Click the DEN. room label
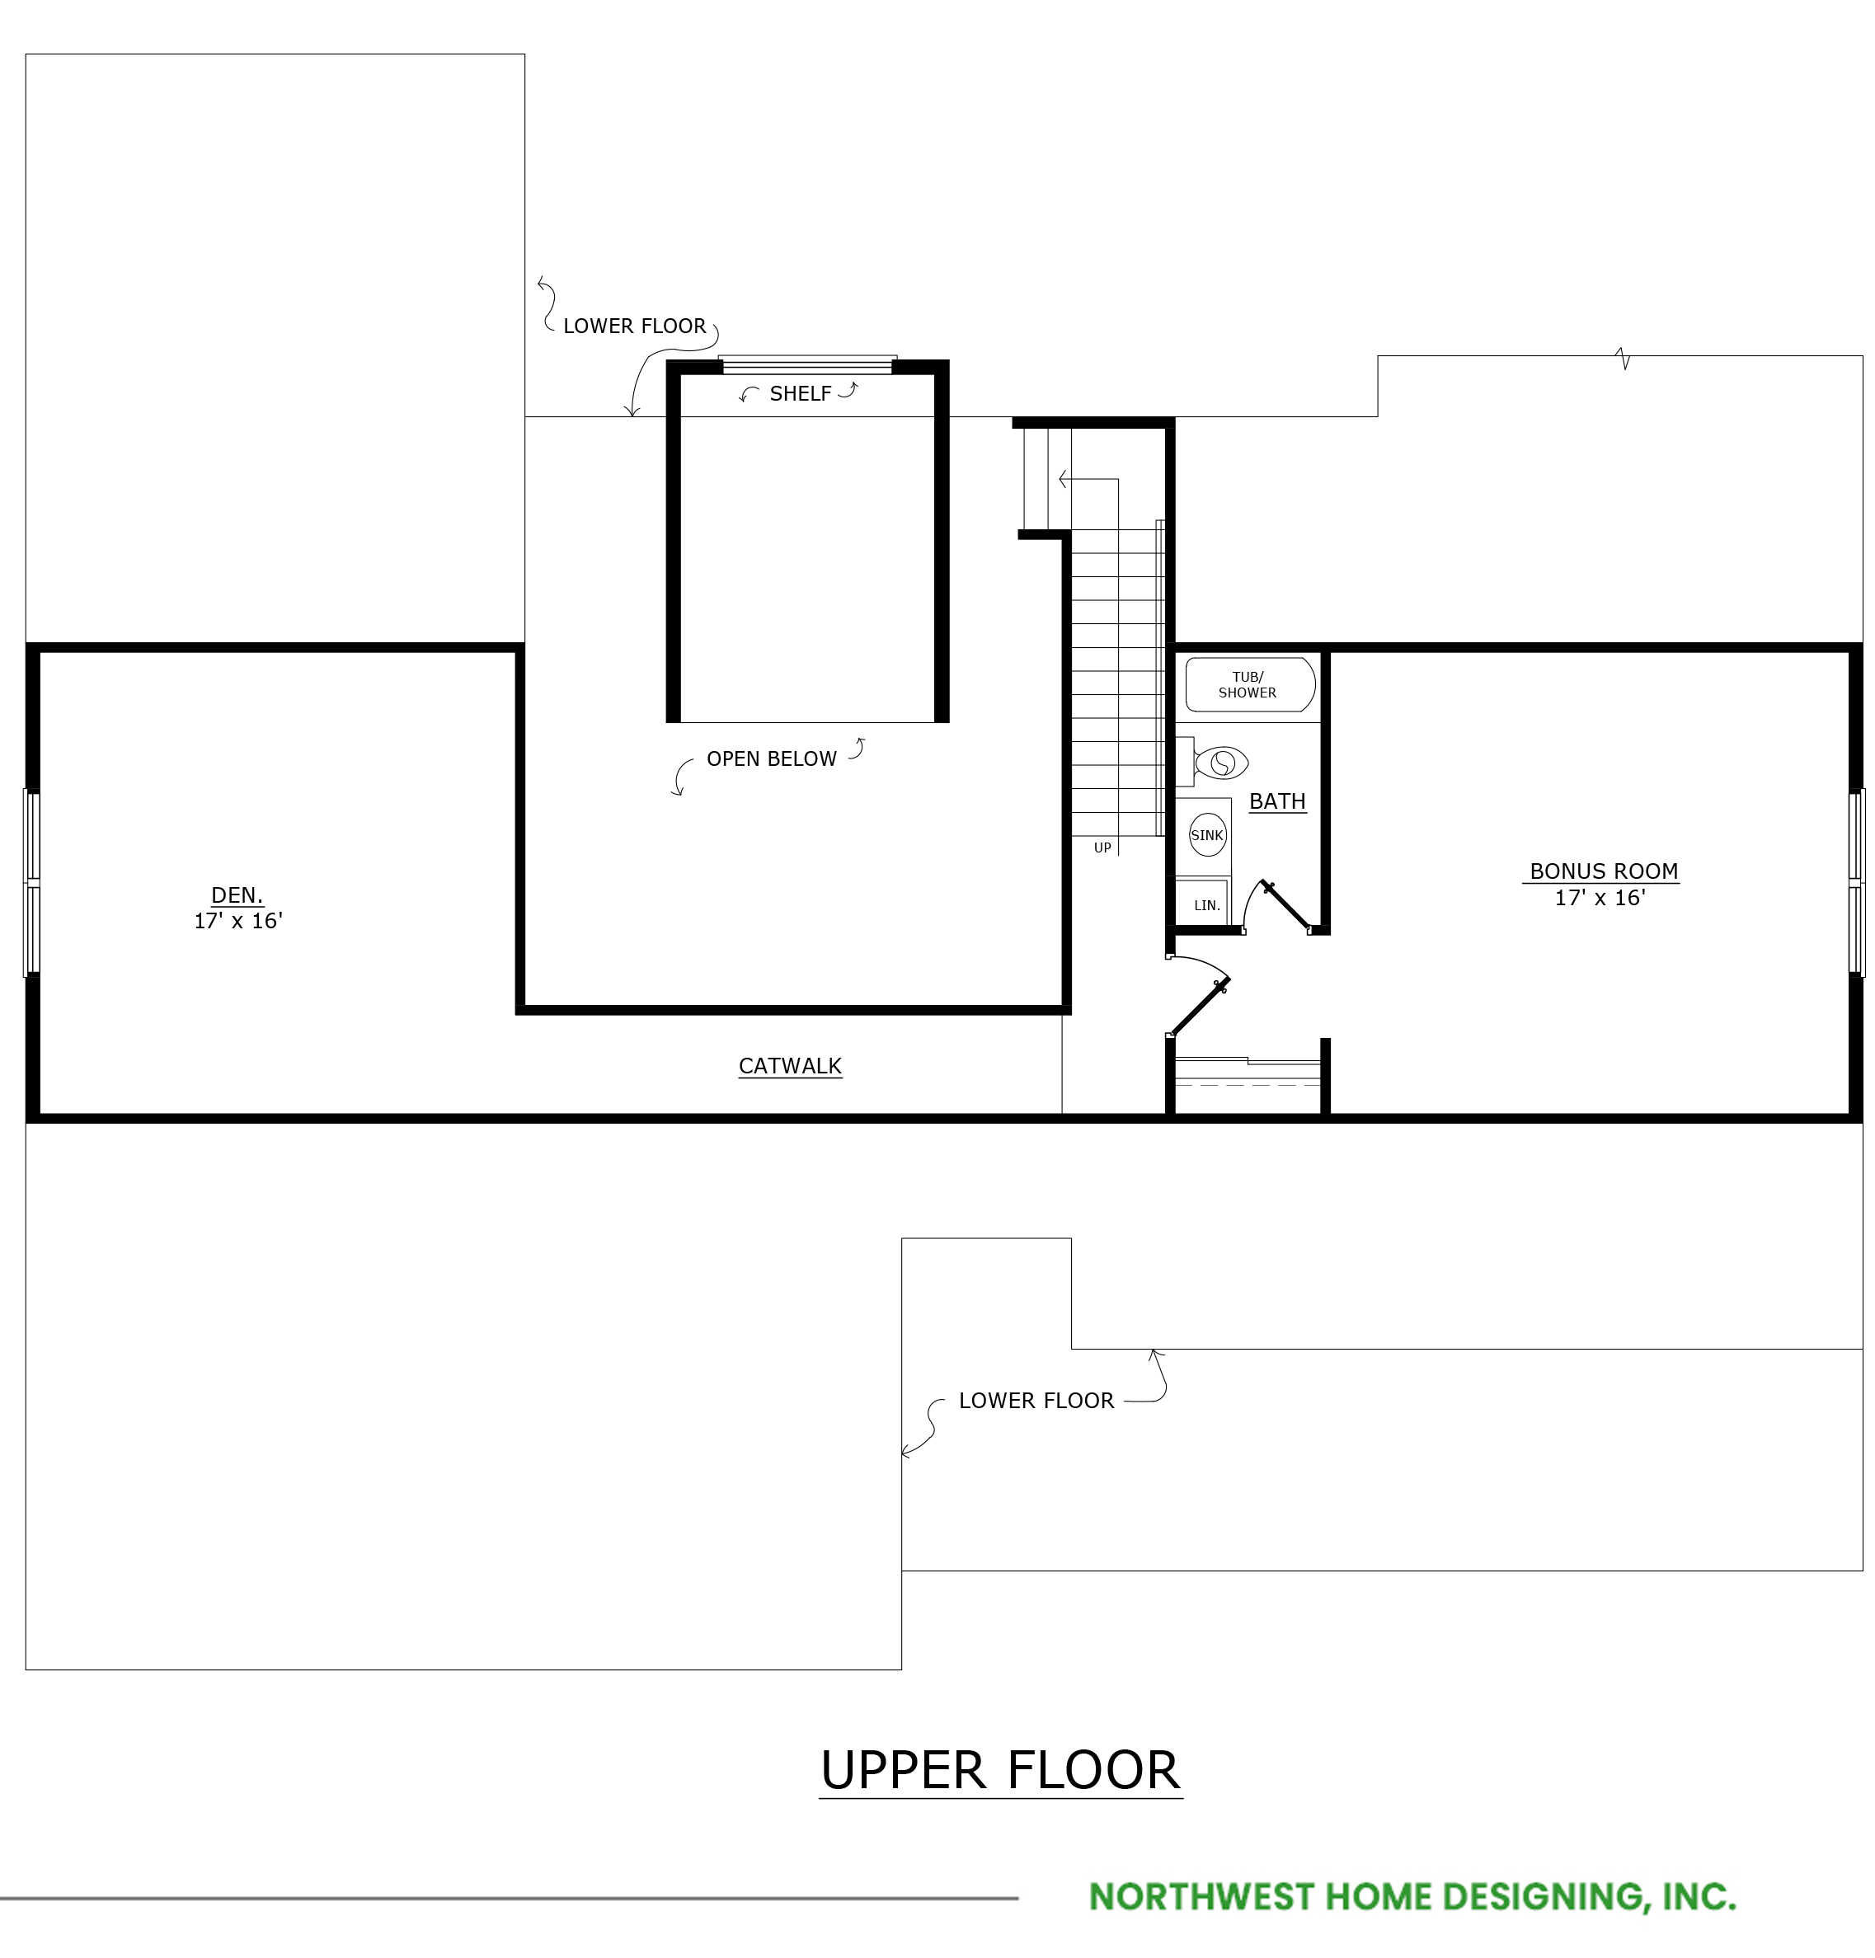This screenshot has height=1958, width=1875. (x=237, y=895)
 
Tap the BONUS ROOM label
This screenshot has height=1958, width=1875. (x=1603, y=871)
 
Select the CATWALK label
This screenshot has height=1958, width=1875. (x=790, y=1066)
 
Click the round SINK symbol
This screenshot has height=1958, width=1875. (x=1207, y=835)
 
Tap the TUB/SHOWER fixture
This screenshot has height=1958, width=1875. (x=1250, y=684)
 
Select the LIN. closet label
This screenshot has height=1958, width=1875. (x=1207, y=906)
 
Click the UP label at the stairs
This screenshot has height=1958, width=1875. (x=1102, y=848)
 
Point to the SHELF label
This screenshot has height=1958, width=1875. (x=800, y=393)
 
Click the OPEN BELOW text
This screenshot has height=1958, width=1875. (x=771, y=759)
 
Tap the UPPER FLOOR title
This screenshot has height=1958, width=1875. (x=1000, y=1770)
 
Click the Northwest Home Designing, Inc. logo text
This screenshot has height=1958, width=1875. (x=1412, y=1897)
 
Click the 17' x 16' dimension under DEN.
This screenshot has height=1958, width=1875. (x=237, y=921)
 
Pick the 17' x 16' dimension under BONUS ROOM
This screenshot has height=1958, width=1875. (x=1600, y=898)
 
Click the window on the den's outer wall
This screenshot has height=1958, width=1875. (x=32, y=883)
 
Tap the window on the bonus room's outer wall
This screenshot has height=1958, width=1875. (x=1856, y=883)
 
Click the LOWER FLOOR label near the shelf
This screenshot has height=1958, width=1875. (x=634, y=326)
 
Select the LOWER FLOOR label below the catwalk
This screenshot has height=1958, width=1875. (x=1036, y=1401)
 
